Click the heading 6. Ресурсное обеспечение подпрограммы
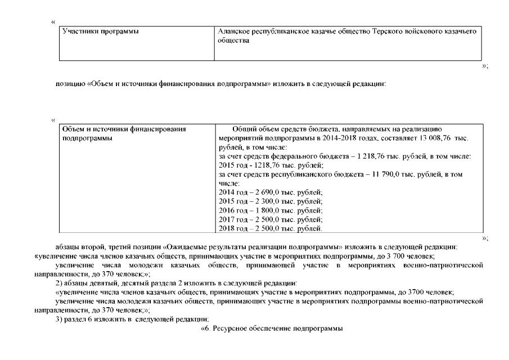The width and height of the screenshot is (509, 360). tap(268, 328)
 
